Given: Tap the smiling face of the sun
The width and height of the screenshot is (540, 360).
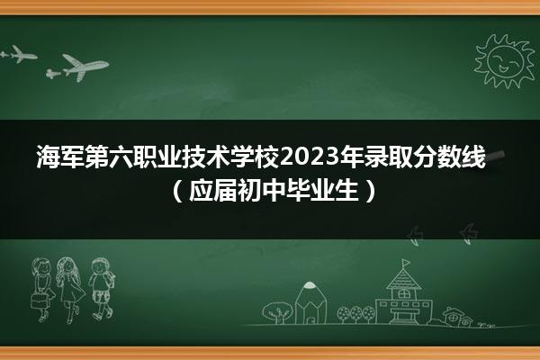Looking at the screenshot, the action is click(505, 61).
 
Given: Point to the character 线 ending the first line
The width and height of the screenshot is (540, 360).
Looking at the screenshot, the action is click(474, 157).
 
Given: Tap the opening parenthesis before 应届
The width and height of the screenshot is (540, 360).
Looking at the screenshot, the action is click(177, 190).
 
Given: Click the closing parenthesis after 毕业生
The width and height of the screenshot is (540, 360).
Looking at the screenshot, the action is click(370, 190).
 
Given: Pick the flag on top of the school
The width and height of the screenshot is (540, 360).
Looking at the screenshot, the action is click(407, 263).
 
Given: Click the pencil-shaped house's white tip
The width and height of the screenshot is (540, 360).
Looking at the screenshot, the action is click(310, 285).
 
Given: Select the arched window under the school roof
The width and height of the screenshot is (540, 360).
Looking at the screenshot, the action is click(403, 293).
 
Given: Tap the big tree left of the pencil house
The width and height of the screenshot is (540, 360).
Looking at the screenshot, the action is click(277, 312).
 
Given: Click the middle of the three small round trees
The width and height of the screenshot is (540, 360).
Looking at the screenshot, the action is click(355, 314).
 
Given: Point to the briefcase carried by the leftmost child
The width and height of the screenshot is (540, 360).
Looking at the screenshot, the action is click(40, 301).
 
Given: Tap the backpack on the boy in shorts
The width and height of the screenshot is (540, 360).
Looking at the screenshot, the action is click(111, 279).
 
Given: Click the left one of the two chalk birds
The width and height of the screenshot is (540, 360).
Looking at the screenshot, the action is click(414, 236).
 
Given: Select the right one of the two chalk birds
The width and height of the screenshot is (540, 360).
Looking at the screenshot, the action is click(468, 234).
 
